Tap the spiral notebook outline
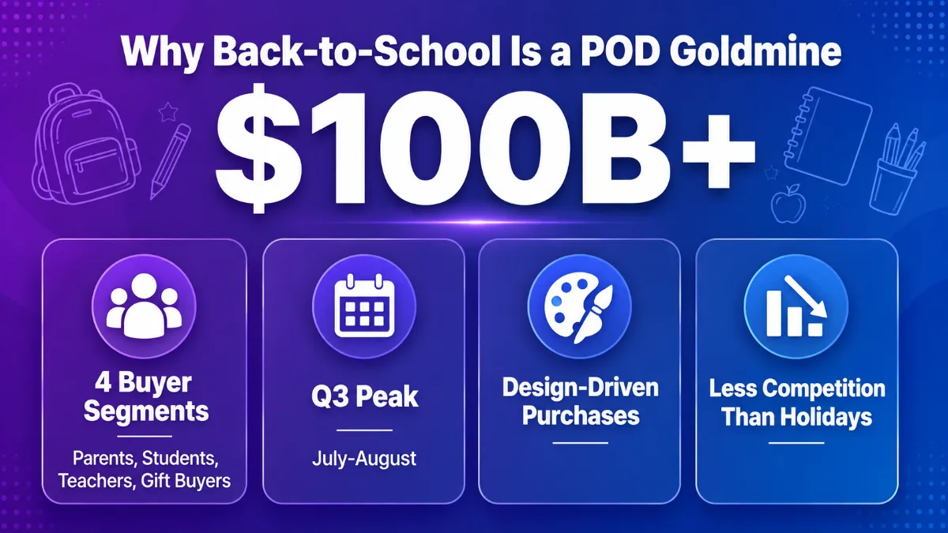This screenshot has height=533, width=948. click(827, 135)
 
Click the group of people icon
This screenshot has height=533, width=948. click(144, 306)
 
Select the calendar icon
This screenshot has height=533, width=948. click(364, 306)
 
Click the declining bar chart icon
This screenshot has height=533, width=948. click(796, 306)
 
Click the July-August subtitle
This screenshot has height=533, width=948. click(364, 459)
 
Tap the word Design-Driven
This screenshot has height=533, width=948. click(581, 388)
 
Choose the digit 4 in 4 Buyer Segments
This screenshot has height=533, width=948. click(103, 382)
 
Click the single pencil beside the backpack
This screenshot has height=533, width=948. click(170, 162)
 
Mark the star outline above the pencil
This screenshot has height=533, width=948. click(168, 111)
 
